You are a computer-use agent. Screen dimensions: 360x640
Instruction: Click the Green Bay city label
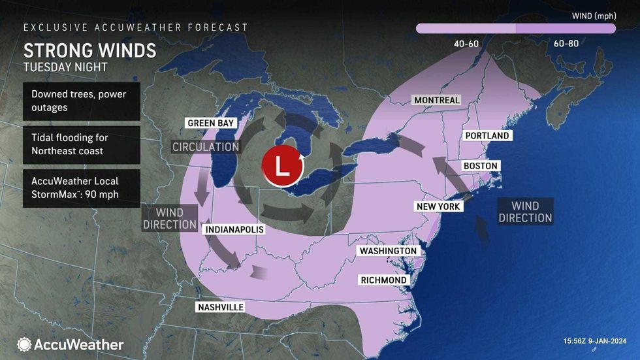coord(210,123)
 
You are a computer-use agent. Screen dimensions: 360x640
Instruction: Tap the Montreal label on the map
coord(436,100)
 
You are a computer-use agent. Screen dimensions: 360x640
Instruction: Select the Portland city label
coord(487,136)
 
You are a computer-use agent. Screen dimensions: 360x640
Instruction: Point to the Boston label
coord(480,166)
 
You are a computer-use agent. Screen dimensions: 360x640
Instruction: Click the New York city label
coord(439,206)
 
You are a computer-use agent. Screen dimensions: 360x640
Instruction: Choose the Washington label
coord(387,251)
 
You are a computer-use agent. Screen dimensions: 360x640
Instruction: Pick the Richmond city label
coord(383,280)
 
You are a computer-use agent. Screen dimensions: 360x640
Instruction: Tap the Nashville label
coord(220,307)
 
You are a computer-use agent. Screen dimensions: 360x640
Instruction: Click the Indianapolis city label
coord(234,230)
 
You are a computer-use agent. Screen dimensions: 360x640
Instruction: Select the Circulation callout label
coord(204,146)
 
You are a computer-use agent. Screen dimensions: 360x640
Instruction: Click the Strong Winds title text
coord(90,50)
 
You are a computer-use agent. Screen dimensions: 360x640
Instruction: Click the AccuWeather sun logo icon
coord(25,344)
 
